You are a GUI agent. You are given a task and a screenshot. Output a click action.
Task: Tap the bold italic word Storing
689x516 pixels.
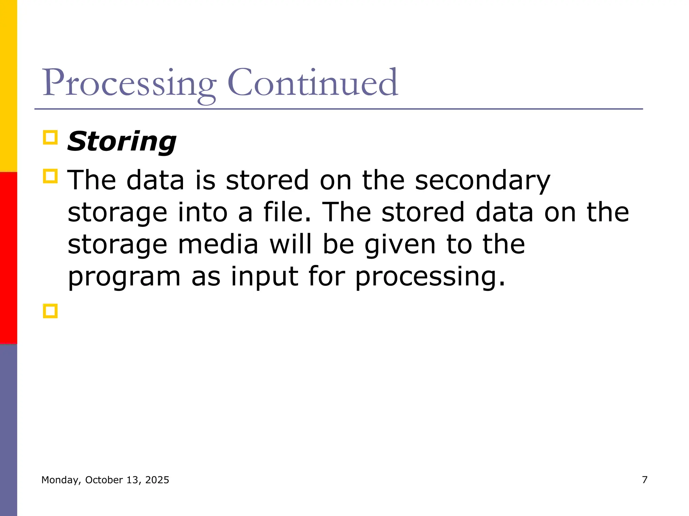tap(122, 141)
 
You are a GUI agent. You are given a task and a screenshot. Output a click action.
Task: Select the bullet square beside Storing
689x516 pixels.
tap(50, 138)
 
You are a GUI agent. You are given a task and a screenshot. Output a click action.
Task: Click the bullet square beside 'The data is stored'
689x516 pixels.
tap(50, 176)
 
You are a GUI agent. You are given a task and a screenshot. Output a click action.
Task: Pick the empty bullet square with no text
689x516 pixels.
tap(50, 311)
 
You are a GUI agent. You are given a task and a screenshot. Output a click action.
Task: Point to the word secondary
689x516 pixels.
tap(482, 180)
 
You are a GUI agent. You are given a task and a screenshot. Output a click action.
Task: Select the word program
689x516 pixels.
tap(124, 277)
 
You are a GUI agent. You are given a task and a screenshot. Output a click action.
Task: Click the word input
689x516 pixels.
tap(264, 277)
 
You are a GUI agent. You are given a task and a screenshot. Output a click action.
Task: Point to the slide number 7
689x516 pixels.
tap(645, 480)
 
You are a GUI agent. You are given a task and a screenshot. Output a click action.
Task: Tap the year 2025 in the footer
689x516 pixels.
tap(157, 480)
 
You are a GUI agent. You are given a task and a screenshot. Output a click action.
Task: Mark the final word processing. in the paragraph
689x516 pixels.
tap(430, 277)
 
